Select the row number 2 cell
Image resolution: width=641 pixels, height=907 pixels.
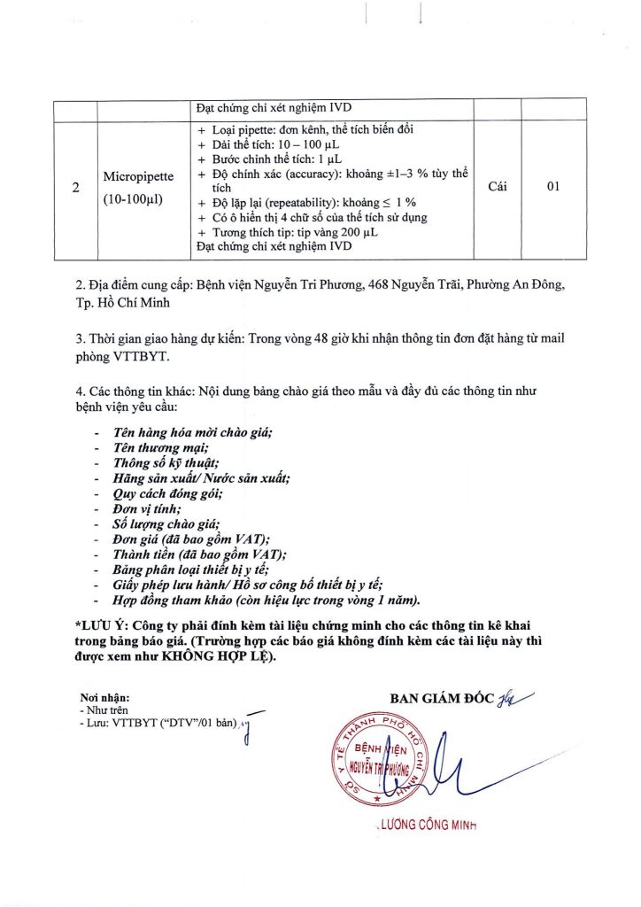pos(75,188)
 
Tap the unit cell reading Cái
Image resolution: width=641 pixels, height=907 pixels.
pos(497,188)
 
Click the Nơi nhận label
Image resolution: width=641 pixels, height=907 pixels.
pos(104,699)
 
